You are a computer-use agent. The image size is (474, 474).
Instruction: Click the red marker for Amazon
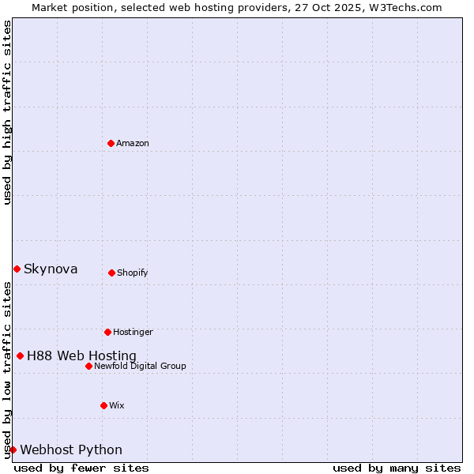111,143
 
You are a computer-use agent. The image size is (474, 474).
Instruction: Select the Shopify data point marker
111,273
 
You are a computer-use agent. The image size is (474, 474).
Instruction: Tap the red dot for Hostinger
107,332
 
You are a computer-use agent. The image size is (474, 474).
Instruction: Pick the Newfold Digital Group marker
88,366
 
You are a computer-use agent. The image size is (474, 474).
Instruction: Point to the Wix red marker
103,405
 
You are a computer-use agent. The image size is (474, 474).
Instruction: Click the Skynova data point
17,269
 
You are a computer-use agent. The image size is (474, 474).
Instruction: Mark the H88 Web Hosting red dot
20,355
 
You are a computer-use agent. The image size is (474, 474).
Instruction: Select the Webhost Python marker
13,450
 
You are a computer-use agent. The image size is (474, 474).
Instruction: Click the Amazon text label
133,143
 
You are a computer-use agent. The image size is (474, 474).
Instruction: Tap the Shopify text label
133,273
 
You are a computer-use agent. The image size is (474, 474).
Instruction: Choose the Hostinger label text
133,332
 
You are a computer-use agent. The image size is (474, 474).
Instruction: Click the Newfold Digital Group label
140,366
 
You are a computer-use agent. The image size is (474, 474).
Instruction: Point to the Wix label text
117,405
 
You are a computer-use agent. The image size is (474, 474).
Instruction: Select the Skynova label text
51,269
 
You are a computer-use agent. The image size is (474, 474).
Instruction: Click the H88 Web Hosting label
81,355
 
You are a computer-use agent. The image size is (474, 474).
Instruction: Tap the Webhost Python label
71,450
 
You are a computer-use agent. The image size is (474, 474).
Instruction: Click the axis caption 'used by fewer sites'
81,468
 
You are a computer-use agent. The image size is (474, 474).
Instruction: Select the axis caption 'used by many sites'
397,468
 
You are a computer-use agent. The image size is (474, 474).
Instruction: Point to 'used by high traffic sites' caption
7,112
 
